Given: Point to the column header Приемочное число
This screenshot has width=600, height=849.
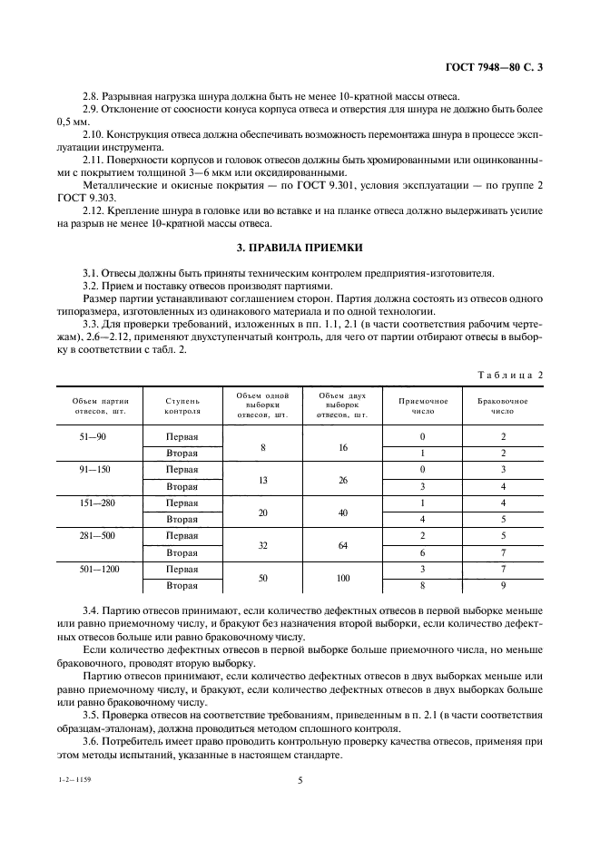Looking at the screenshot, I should (422, 405).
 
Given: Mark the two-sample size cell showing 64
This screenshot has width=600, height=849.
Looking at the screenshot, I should (343, 543).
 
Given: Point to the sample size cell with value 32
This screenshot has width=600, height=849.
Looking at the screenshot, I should (262, 543).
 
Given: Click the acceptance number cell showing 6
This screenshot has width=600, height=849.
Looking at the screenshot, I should (422, 551).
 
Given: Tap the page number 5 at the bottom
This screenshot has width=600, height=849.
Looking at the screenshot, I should (300, 777).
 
